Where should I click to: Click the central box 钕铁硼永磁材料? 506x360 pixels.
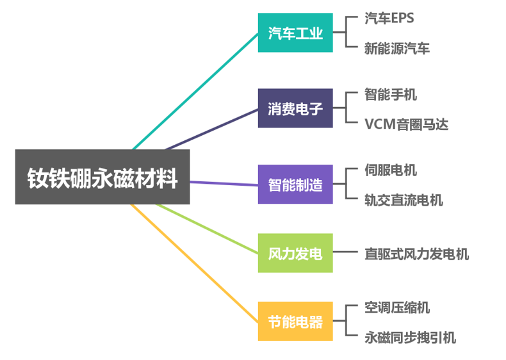click(x=102, y=177)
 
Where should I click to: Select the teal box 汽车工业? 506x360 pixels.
click(x=295, y=33)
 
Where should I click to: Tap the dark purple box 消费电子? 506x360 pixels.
click(x=295, y=108)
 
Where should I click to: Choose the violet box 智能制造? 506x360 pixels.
click(x=295, y=184)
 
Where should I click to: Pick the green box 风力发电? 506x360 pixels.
click(x=295, y=253)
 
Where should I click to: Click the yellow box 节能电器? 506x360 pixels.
click(x=295, y=321)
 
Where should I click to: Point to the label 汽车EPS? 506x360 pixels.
click(x=389, y=18)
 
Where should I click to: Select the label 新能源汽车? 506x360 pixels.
click(x=396, y=48)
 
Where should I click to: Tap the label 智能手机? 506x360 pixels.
click(x=390, y=94)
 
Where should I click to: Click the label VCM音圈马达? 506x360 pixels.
click(x=406, y=124)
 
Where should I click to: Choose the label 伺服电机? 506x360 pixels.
click(x=390, y=170)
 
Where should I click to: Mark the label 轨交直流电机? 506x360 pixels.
click(x=404, y=200)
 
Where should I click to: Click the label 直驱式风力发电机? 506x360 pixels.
click(x=416, y=254)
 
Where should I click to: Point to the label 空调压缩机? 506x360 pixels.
click(x=397, y=307)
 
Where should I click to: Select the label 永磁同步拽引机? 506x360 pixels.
click(x=410, y=337)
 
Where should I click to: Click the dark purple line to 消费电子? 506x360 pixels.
click(x=211, y=129)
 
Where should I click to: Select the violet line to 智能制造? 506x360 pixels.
click(x=224, y=183)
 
